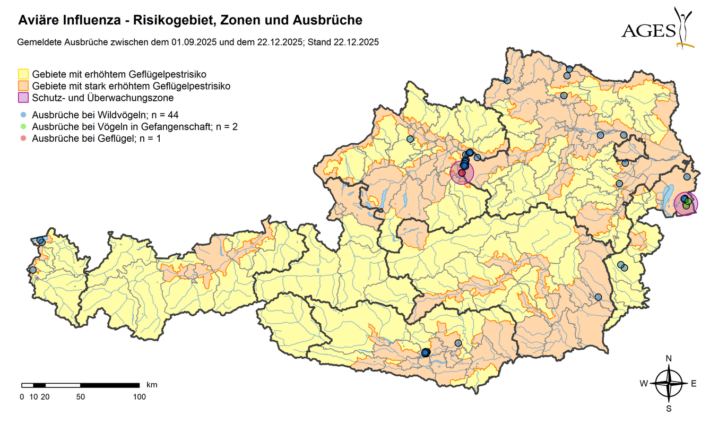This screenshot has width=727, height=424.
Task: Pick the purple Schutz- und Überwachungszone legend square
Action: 23,98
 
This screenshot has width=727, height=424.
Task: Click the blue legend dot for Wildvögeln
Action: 23,115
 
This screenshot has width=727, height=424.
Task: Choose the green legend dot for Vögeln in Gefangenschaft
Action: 23,127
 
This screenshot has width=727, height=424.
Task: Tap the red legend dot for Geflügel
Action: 23,139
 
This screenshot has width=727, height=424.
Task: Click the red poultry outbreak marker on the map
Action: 462,173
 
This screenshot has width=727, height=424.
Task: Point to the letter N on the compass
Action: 669,359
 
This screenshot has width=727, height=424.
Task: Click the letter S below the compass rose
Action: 669,409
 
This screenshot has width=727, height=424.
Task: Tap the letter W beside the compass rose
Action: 643,384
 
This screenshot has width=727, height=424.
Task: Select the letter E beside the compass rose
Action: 693,384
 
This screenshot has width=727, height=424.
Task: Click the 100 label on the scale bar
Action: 139,396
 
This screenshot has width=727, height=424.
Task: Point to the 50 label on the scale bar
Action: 81,396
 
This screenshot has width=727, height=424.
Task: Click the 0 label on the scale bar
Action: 22,396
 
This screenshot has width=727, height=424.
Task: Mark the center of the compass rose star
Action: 669,384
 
